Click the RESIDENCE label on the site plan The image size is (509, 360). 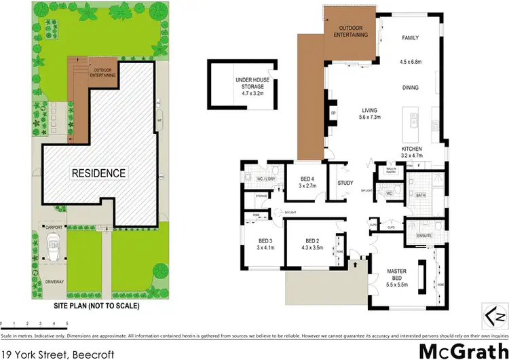(98, 173)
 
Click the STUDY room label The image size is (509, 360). (346, 183)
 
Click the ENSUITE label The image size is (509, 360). (424, 234)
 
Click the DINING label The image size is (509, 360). (410, 88)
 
